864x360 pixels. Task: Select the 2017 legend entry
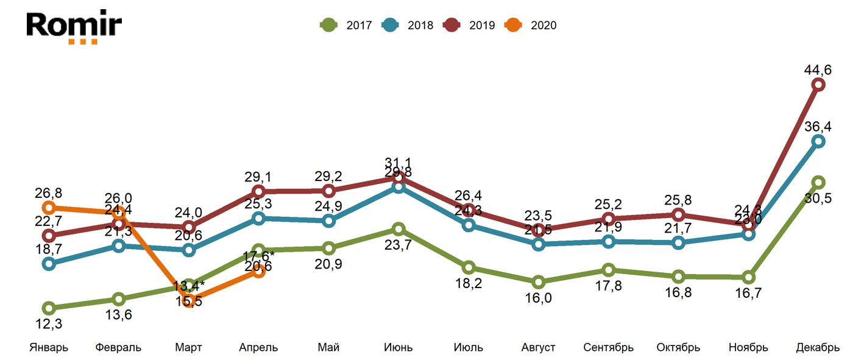click(x=346, y=25)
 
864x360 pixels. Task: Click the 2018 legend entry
click(x=408, y=25)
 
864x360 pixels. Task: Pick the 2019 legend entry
click(x=469, y=25)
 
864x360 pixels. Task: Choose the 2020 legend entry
click(x=531, y=25)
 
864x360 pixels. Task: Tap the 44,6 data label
click(x=818, y=69)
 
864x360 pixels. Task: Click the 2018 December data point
click(x=818, y=141)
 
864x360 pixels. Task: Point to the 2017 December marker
click(x=818, y=182)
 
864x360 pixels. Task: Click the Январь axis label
click(x=49, y=348)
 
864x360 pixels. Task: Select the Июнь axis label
click(x=398, y=348)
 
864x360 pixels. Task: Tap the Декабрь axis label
click(x=818, y=348)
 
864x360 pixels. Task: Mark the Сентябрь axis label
click(x=608, y=348)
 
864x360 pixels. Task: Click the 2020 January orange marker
click(x=49, y=208)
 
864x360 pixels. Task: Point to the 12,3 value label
click(x=49, y=323)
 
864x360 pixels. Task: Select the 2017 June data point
click(x=398, y=229)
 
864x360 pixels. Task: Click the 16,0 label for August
click(x=538, y=297)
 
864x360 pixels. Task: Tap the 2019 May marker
click(x=328, y=191)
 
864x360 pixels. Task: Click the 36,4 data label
click(x=818, y=127)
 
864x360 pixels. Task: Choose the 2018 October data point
click(x=678, y=243)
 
